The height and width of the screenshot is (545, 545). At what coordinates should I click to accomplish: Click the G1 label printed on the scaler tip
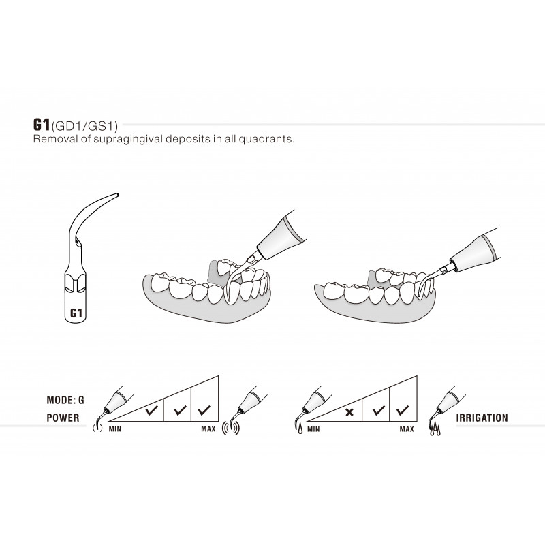77,314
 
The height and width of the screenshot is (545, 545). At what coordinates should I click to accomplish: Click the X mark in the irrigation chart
349,412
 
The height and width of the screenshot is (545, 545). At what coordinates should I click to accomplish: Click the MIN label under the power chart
115,430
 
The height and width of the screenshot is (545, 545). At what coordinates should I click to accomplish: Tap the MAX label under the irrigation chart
407,430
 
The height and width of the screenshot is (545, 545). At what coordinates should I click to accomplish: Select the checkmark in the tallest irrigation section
403,411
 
